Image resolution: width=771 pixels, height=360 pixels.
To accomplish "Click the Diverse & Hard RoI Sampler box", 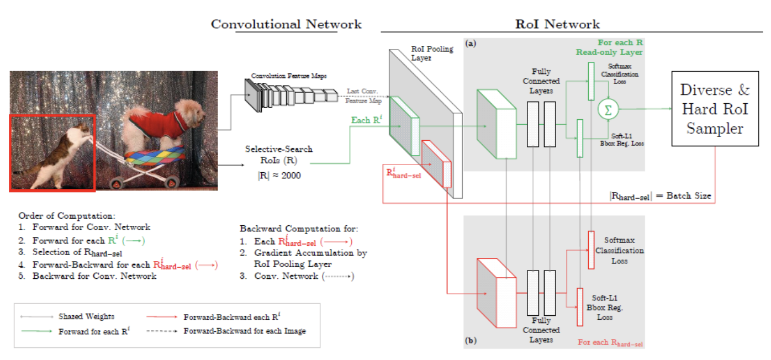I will coord(714,109).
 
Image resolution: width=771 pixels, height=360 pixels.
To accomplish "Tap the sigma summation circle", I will coord(608,109).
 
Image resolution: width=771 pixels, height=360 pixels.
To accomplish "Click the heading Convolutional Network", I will coord(286,24).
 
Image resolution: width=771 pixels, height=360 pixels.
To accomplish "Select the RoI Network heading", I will coord(557,24).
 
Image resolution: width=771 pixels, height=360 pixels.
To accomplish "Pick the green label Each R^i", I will coord(368,119).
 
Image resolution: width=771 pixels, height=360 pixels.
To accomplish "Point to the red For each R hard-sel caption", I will coord(611,342).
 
